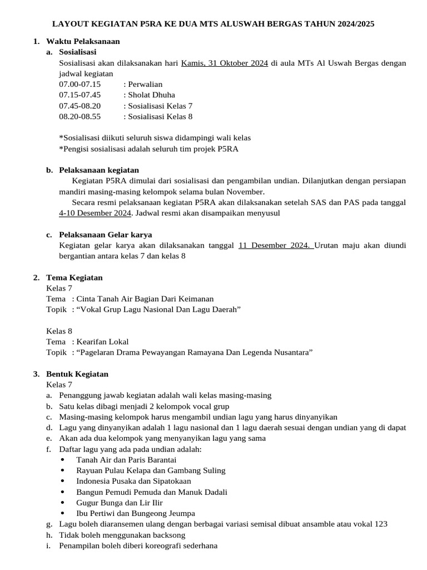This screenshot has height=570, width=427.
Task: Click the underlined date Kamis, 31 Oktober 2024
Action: pos(225,63)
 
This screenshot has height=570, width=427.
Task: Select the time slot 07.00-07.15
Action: pos(80,84)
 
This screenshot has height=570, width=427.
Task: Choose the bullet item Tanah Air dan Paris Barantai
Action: pos(126,460)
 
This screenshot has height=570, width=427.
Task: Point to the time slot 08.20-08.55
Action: pos(80,116)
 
